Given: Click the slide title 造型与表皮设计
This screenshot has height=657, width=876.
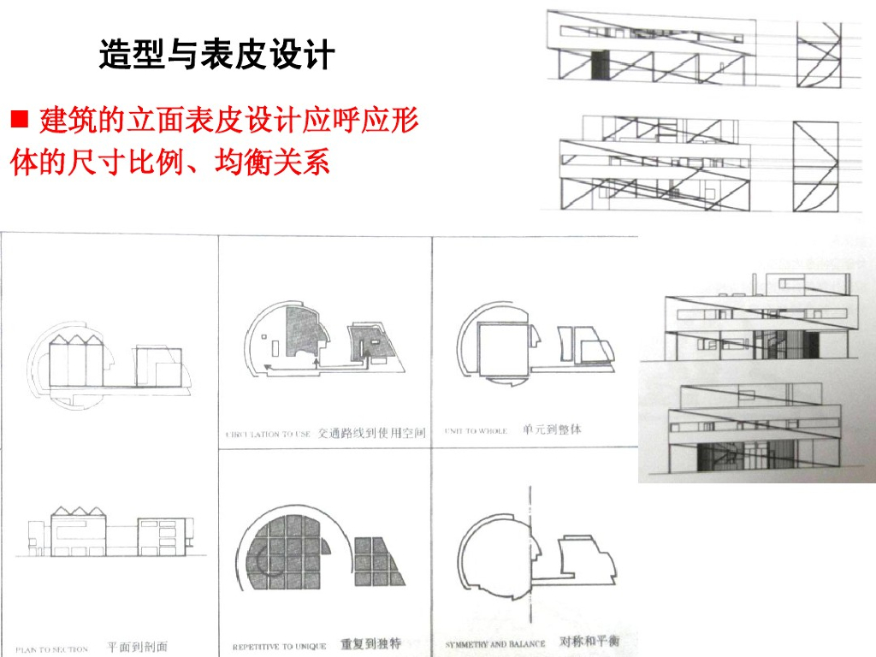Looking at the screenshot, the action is click(216, 56).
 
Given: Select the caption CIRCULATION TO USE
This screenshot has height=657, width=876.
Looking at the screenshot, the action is click(269, 435).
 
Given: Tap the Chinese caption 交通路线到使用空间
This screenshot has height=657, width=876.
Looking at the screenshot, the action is click(370, 433).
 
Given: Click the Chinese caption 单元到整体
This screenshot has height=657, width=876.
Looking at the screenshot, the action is click(552, 429).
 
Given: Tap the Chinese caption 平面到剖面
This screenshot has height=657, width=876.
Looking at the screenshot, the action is click(137, 647).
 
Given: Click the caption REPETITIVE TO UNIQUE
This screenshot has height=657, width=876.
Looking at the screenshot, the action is click(280, 647).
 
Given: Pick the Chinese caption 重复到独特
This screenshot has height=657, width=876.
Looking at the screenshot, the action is click(370, 644).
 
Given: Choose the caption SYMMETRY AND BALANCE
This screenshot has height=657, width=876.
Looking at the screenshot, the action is click(495, 643).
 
